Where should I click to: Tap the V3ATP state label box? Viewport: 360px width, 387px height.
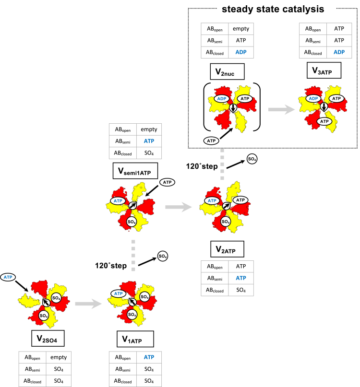323,70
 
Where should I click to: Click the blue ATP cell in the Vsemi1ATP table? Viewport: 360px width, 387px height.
148,141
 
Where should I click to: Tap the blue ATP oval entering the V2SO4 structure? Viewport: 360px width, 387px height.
8,277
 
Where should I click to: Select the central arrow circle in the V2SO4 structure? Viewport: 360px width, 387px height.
46,303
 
